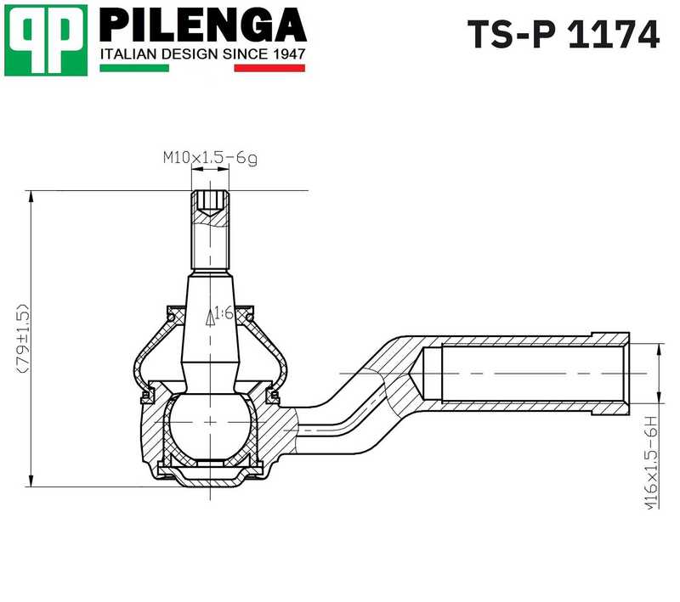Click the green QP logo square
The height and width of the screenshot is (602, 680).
point(45,39)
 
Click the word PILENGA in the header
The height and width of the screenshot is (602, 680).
point(202,25)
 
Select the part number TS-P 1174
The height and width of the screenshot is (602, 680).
point(563,35)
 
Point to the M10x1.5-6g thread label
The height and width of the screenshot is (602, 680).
point(210,157)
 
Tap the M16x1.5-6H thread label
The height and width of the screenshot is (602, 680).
point(653,462)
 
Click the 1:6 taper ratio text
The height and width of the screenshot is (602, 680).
point(224,313)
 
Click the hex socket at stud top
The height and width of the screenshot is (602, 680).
point(210,201)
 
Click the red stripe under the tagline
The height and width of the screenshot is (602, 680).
point(269,68)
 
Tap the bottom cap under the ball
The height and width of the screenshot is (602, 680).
point(209,475)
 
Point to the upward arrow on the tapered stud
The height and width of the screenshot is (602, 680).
point(210,318)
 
